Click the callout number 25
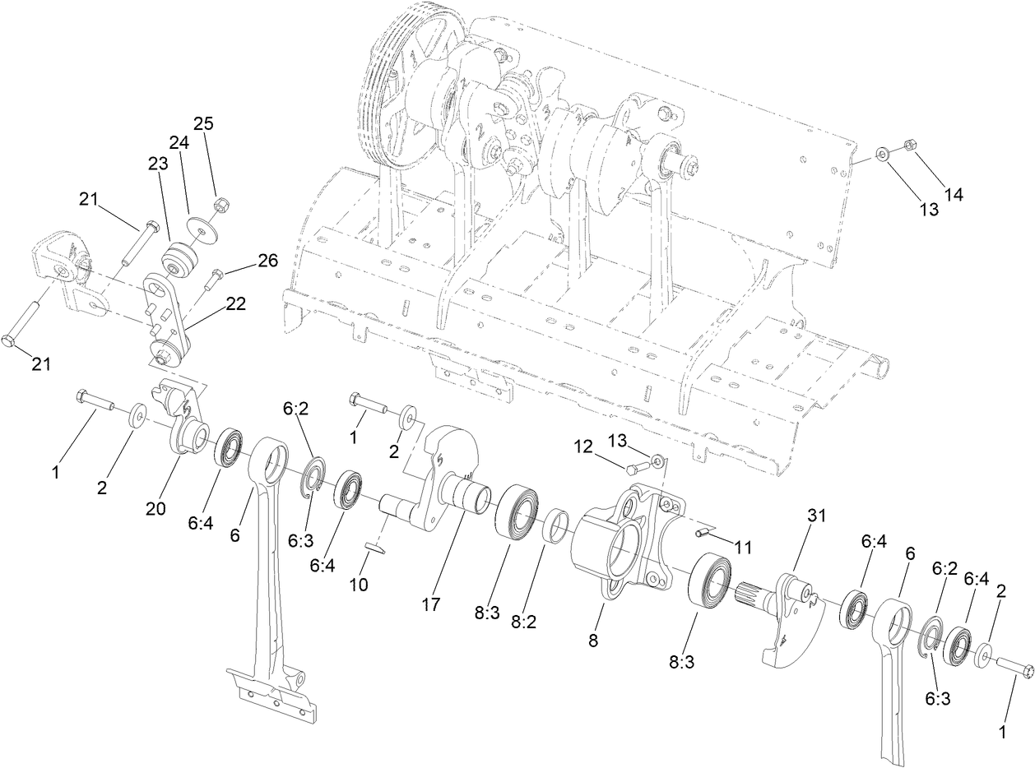pos(203,123)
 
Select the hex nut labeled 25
pos(220,203)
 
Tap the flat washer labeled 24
pos(198,225)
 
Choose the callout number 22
pos(235,303)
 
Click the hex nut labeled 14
pos(910,146)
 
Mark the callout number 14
pos(954,195)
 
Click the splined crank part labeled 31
pos(786,613)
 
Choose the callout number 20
pos(155,509)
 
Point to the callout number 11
pos(743,547)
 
